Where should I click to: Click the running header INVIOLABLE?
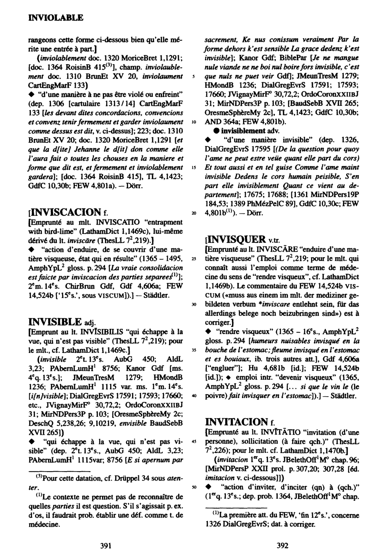(x=56, y=18)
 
